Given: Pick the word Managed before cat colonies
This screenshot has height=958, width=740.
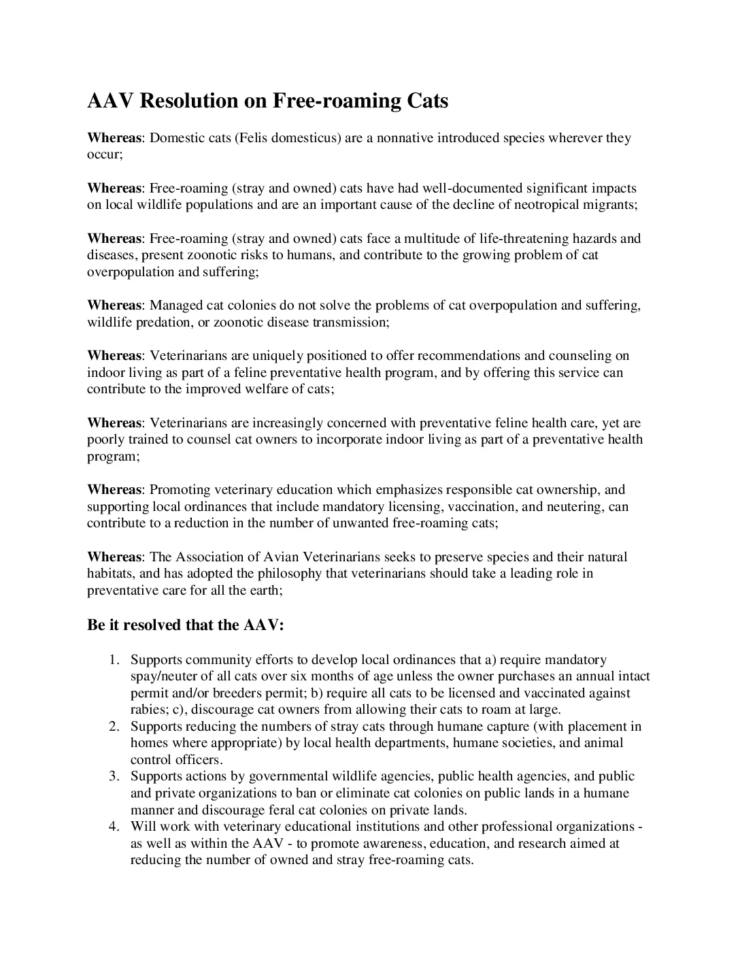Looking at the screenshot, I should click(171, 305).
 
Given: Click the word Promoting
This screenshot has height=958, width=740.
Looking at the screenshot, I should click(180, 490).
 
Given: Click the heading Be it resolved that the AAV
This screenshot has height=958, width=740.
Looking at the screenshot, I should click(185, 625).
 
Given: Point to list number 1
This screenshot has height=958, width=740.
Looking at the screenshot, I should click(114, 660).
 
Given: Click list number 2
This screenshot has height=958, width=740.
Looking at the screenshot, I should click(114, 727).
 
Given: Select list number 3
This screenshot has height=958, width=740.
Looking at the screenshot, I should click(114, 776).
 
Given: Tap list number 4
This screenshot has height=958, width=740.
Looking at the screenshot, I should click(114, 827).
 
